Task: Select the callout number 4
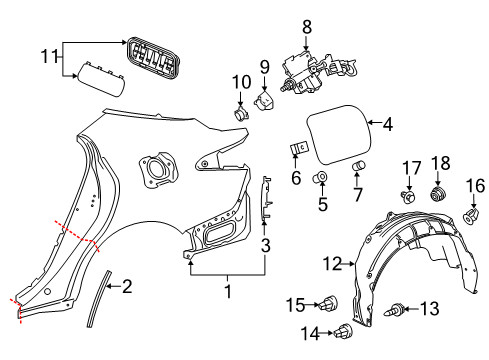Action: [387, 125]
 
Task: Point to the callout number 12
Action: [332, 263]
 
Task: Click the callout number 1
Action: [227, 292]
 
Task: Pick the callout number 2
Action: [125, 286]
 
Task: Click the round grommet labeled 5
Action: [323, 180]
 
